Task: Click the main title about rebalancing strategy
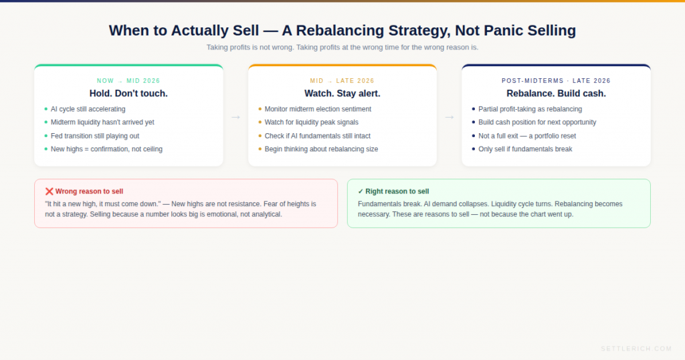coord(342,30)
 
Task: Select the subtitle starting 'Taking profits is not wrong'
coord(342,48)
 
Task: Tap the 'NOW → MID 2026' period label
coord(128,81)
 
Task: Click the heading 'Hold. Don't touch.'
coord(128,94)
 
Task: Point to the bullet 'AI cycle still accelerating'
coord(88,109)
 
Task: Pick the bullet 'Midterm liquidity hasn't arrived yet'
coord(102,122)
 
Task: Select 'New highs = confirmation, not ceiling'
coord(106,149)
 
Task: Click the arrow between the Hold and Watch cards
coord(235,117)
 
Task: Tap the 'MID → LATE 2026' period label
coord(342,81)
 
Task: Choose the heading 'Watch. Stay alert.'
coord(342,94)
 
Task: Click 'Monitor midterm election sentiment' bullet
coord(318,109)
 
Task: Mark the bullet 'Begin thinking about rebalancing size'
coord(321,149)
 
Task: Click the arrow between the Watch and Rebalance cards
coord(449,117)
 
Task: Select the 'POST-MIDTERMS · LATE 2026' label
coord(556,81)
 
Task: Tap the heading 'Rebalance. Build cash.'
coord(556,94)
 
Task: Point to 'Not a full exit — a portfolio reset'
coord(527,136)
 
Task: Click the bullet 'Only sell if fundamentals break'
coord(525,149)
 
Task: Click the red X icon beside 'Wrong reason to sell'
coord(49,191)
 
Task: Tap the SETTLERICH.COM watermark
coord(635,349)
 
